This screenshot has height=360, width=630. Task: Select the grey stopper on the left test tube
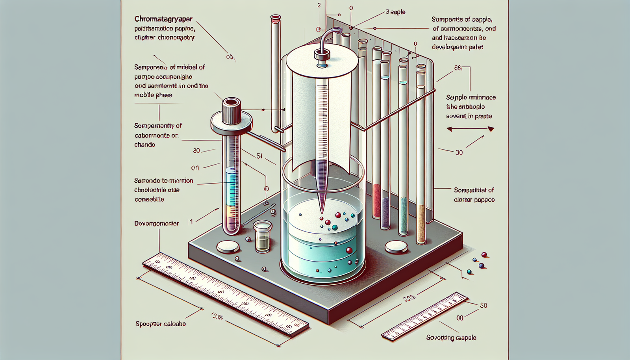tap(232, 110)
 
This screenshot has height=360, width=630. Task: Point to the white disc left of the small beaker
tap(228, 247)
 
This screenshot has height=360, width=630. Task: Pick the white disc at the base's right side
tap(397, 247)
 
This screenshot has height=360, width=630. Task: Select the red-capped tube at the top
tap(275, 18)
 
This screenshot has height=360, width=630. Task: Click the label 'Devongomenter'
tap(156, 223)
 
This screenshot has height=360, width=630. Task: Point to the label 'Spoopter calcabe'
tap(160, 324)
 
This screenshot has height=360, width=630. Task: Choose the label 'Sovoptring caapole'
tap(451, 338)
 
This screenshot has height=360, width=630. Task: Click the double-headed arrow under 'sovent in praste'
tap(470, 129)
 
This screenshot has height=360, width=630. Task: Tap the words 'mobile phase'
tap(153, 95)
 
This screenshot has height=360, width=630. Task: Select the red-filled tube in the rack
tap(377, 201)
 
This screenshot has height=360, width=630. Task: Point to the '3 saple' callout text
tap(395, 12)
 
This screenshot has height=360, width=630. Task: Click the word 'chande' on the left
tap(145, 145)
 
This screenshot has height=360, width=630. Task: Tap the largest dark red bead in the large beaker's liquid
tap(349, 250)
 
